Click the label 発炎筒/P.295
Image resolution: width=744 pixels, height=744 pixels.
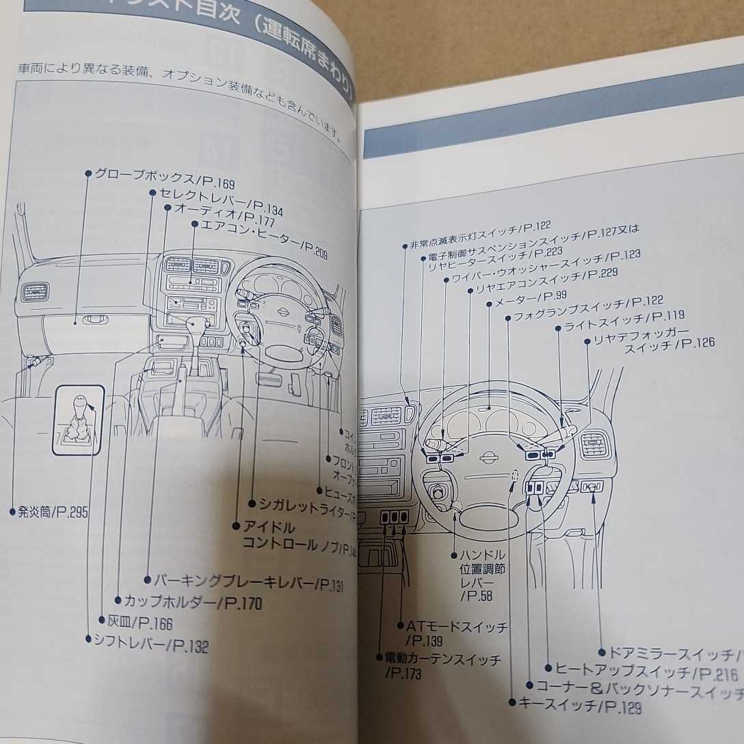coord(52,511)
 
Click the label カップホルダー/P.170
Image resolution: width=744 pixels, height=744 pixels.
coord(192,602)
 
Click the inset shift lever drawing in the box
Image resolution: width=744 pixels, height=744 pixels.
coord(80,421)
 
